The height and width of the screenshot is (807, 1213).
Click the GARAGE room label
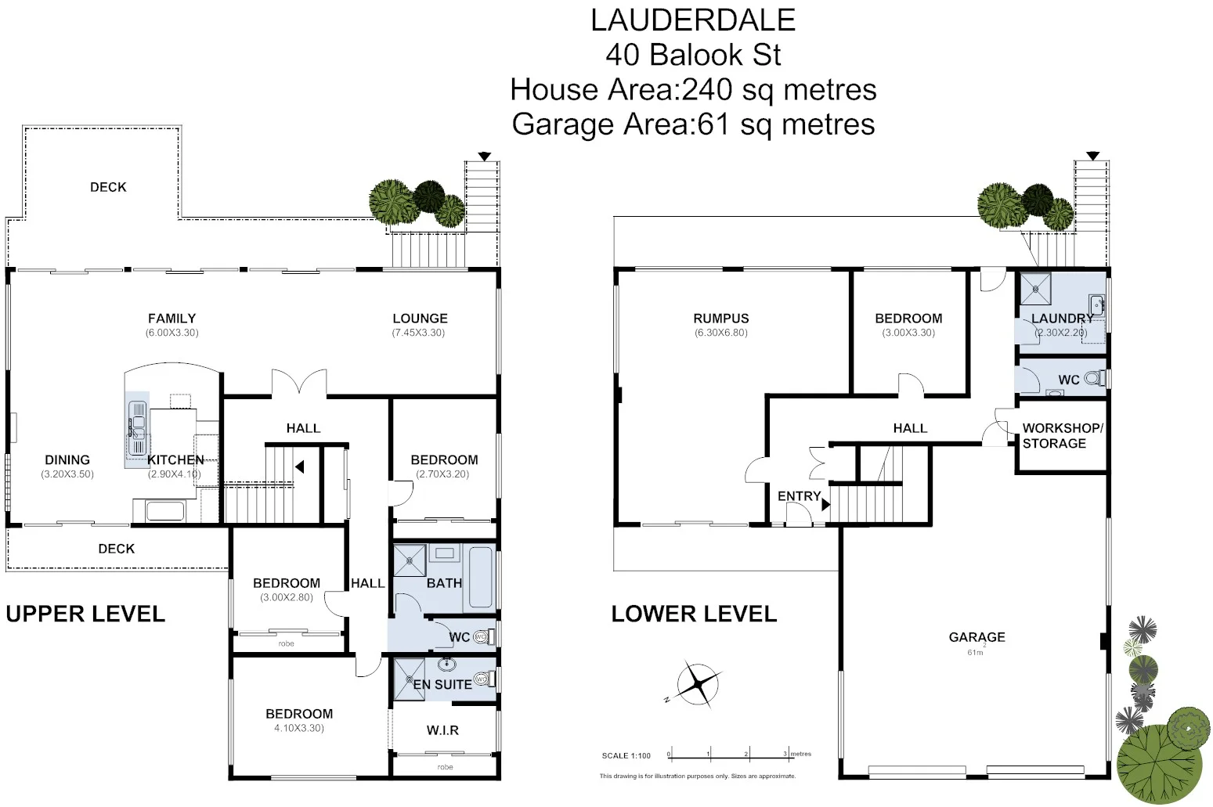coord(977,637)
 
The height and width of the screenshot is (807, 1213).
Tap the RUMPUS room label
coord(720,319)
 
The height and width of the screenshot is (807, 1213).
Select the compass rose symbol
coord(698,685)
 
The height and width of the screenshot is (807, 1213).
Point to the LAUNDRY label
coord(1061,319)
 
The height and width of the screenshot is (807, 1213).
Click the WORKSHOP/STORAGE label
coord(1062,436)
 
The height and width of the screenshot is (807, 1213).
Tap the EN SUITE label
coord(442,684)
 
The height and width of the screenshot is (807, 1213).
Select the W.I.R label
coord(442,730)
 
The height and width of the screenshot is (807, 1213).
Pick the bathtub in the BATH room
coord(479,579)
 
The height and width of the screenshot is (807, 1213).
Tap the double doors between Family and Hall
coord(298,384)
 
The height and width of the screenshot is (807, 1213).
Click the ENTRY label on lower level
coord(798,496)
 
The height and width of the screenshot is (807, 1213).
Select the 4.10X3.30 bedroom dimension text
coord(298,728)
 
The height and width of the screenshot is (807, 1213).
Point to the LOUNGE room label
coord(420,319)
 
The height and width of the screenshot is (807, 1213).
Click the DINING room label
coord(67,460)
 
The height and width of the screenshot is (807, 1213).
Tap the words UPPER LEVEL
coord(85,614)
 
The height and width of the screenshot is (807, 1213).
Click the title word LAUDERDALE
coord(692,20)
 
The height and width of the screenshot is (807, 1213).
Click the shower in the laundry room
coord(1034,289)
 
